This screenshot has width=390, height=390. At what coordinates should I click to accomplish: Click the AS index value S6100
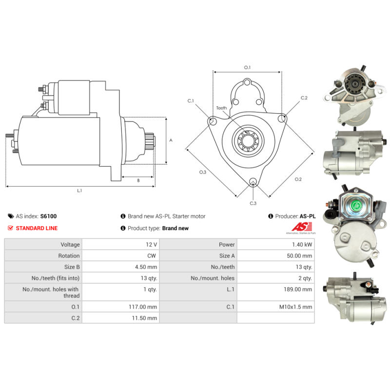click(48, 216)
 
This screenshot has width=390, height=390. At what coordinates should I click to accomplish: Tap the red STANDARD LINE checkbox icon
click(10, 228)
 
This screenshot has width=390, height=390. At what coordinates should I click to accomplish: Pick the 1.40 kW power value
click(302, 245)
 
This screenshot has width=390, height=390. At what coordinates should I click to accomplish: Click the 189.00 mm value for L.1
click(298, 289)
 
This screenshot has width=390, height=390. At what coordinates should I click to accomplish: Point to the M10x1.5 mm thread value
click(296, 307)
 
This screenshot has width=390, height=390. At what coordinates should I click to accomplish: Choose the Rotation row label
click(69, 255)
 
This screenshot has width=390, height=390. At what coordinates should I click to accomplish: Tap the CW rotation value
click(152, 255)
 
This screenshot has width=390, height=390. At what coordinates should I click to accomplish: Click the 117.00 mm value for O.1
click(143, 307)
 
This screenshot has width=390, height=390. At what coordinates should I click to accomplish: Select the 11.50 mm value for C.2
click(144, 318)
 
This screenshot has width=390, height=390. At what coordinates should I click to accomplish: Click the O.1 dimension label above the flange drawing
click(247, 67)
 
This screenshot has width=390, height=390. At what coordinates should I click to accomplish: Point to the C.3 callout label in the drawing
click(253, 203)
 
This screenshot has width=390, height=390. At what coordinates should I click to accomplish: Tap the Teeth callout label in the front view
click(221, 108)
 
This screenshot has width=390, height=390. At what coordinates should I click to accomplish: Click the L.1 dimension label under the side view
click(79, 191)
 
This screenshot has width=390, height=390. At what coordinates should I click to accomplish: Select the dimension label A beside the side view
click(171, 140)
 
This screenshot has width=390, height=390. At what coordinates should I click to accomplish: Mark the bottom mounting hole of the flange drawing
click(253, 181)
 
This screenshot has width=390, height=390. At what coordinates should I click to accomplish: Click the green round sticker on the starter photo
click(356, 206)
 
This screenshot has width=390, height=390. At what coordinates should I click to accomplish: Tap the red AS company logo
click(302, 227)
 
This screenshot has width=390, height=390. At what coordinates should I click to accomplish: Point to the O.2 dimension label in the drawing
click(298, 179)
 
